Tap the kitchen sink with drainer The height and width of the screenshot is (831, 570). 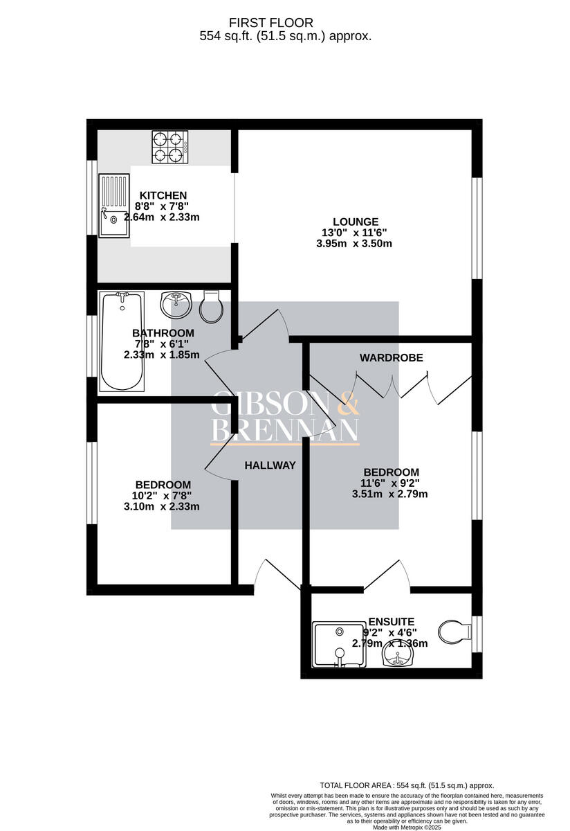pyautogui.click(x=113, y=206)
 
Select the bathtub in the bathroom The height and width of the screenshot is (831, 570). pyautogui.click(x=122, y=342)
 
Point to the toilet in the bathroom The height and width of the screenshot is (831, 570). pyautogui.click(x=210, y=306)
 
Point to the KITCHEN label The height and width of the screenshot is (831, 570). pyautogui.click(x=163, y=195)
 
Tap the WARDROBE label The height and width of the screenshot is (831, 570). pyautogui.click(x=391, y=357)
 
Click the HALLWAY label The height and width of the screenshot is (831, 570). pyautogui.click(x=270, y=465)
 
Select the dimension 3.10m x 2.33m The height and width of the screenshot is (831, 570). pyautogui.click(x=162, y=506)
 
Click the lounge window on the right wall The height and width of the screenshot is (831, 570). pyautogui.click(x=477, y=229)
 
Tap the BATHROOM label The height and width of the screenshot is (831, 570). pyautogui.click(x=163, y=333)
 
